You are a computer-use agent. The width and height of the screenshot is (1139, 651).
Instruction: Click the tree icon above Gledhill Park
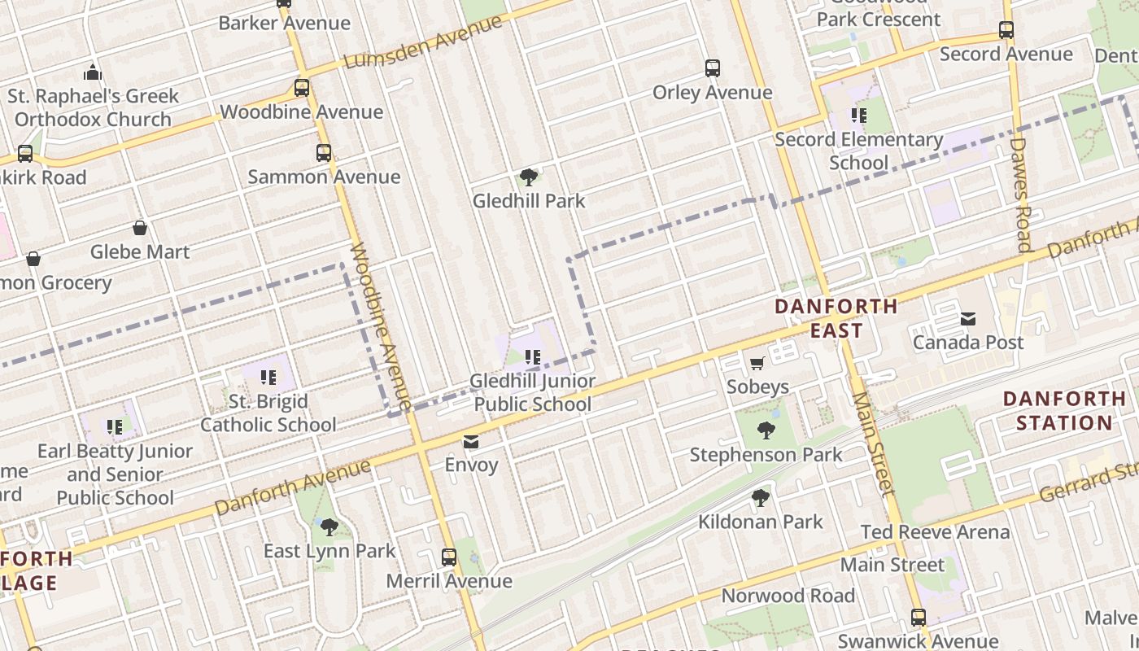[529, 177]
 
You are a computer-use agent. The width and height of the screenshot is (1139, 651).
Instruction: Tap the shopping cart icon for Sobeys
[757, 363]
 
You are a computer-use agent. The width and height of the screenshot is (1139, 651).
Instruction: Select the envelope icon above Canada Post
[968, 319]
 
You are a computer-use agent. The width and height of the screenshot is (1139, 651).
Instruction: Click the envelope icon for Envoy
[471, 442]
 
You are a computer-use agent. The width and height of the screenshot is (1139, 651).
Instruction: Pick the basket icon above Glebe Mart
[140, 228]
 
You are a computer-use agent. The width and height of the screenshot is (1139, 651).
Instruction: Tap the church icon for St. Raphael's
[93, 72]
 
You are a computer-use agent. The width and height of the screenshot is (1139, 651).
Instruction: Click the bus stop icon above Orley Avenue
[713, 68]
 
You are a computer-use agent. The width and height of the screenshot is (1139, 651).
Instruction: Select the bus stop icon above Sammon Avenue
[324, 153]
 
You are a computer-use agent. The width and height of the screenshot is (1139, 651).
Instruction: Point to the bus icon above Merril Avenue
[449, 557]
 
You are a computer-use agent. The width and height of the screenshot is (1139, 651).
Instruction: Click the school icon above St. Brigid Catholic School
[268, 378]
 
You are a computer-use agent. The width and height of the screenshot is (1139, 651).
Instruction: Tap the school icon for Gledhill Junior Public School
[534, 356]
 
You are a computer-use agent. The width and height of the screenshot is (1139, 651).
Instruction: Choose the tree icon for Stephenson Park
[766, 430]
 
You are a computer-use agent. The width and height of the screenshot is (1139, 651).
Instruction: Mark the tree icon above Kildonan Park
[761, 497]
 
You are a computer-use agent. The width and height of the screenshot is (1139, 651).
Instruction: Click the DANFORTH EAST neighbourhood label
[836, 318]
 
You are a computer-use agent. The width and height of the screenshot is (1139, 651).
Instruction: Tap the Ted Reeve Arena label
[936, 532]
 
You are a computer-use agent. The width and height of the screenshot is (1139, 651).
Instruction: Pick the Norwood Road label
[788, 596]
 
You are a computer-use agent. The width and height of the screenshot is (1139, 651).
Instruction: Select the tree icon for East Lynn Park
[329, 527]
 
